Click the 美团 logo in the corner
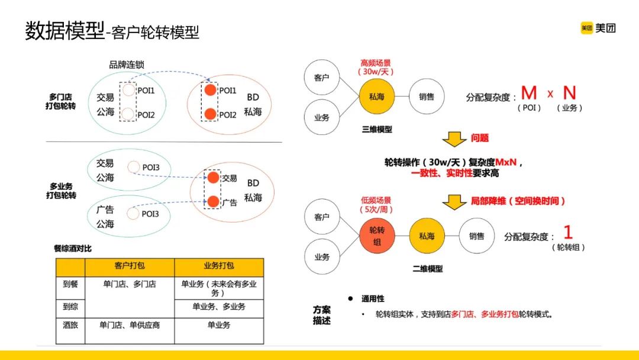point(598,28)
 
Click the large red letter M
point(529,93)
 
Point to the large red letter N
point(569,93)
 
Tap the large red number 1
point(568,232)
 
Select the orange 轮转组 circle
point(377,236)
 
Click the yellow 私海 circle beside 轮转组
point(427,236)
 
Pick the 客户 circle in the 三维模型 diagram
point(322,78)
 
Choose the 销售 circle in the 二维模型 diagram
point(477,236)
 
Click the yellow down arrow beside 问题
point(454,139)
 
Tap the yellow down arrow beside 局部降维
point(454,201)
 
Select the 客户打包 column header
point(130,267)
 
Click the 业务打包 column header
point(219,267)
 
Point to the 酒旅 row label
point(70,325)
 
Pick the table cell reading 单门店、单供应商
point(130,325)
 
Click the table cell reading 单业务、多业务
point(219,307)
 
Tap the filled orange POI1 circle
point(210,91)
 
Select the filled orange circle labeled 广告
point(212,202)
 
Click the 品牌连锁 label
point(127,65)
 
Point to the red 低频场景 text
point(376,201)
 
